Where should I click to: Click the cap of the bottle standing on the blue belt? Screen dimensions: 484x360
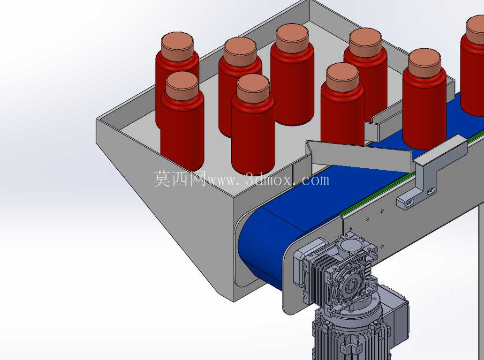[424, 63]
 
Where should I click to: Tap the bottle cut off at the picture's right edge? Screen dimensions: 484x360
[473, 66]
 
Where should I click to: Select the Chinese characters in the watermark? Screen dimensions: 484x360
[180, 179]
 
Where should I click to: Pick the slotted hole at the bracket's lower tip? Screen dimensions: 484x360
[409, 203]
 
